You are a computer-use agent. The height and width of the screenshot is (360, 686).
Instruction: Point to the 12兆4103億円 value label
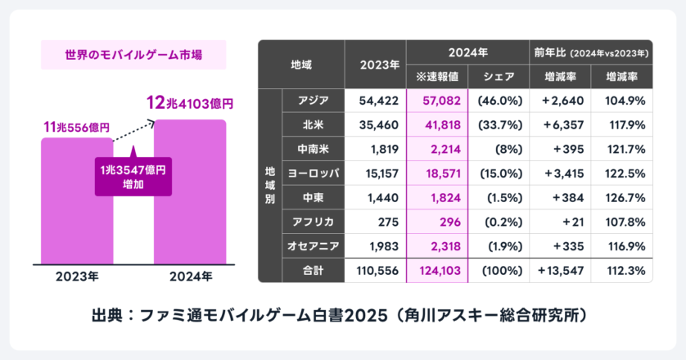pos(189,104)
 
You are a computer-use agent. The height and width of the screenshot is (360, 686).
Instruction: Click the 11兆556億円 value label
pos(76,128)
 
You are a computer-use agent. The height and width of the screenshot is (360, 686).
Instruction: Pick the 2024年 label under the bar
pos(190,275)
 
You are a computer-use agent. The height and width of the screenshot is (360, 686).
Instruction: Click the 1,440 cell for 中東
pos(377,198)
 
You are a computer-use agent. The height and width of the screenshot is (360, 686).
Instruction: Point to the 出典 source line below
pos(342,314)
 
